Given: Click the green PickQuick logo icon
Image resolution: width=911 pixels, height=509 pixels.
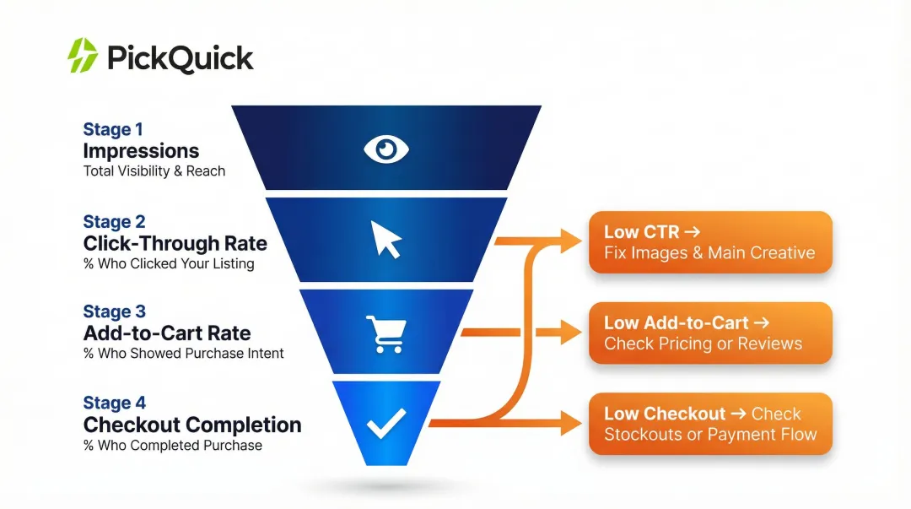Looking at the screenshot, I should (83, 56).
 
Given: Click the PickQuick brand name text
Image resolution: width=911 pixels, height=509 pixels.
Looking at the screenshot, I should (180, 58).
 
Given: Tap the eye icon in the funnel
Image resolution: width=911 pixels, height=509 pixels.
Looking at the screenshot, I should (386, 149).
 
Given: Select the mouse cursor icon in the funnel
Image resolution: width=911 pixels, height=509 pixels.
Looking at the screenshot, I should (386, 241).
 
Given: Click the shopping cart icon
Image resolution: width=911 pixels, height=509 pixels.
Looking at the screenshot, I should (386, 333).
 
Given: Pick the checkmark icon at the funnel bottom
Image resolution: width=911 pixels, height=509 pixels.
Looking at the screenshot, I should (386, 423).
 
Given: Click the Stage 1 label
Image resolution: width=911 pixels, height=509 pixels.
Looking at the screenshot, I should (113, 129).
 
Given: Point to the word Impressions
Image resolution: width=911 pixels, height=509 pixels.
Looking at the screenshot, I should (141, 151).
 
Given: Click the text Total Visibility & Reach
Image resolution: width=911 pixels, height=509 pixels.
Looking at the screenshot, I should (154, 171).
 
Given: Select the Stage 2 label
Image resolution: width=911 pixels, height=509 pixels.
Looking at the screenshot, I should (114, 222).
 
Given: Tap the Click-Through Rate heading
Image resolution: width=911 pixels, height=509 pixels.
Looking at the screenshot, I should (175, 244).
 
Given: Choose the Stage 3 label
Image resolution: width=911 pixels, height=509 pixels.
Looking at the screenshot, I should (114, 312).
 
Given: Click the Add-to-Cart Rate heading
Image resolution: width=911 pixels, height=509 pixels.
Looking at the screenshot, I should (167, 333).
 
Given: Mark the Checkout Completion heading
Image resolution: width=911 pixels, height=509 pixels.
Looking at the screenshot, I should (191, 425).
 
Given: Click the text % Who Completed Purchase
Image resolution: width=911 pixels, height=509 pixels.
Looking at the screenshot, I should (173, 445).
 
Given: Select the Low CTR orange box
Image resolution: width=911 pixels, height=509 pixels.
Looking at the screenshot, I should (710, 242).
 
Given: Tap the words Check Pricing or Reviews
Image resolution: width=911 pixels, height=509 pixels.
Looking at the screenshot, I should (703, 344).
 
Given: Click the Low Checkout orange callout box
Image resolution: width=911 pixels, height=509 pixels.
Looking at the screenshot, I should (710, 424).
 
